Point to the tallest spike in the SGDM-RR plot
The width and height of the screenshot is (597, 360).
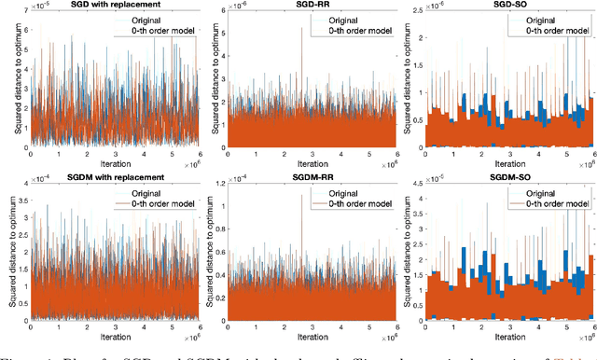point(301,201)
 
